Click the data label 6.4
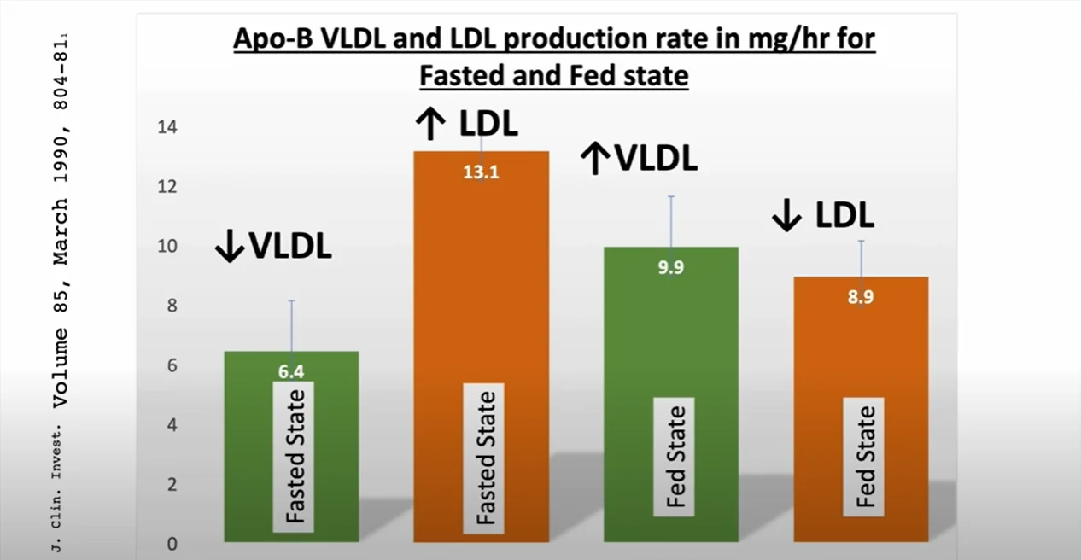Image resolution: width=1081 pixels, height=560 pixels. click(291, 371)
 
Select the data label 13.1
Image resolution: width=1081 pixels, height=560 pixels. click(481, 172)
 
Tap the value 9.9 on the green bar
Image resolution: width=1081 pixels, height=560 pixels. click(670, 267)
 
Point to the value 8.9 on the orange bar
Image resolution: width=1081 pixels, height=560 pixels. click(861, 298)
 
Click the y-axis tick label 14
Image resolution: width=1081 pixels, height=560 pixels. click(167, 127)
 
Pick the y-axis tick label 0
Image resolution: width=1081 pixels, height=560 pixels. click(172, 545)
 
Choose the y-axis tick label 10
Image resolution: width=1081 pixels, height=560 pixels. click(167, 247)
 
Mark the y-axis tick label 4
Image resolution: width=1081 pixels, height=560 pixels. click(172, 425)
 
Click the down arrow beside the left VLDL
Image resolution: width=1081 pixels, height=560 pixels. click(229, 247)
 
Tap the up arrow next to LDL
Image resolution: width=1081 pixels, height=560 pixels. click(430, 125)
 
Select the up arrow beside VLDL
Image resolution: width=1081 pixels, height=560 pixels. click(594, 159)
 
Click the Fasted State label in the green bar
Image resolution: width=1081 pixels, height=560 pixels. click(294, 456)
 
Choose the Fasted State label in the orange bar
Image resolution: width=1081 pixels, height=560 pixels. click(484, 458)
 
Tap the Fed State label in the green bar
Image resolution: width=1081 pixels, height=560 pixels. click(675, 457)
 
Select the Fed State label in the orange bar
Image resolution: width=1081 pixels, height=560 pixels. click(864, 457)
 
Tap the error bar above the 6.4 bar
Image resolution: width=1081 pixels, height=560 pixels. click(291, 325)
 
